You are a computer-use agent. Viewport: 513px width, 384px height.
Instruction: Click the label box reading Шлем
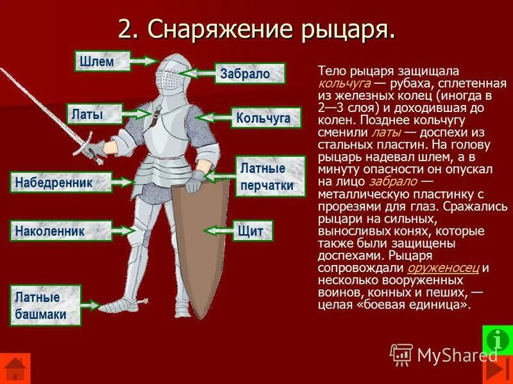pyautogui.click(x=102, y=61)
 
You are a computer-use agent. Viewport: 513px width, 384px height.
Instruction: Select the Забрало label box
pyautogui.click(x=249, y=74)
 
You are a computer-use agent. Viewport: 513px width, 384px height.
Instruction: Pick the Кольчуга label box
pyautogui.click(x=263, y=118)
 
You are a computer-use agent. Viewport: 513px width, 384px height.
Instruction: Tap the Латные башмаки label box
pyautogui.click(x=45, y=306)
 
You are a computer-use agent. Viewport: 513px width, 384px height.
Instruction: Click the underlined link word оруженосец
pyautogui.click(x=442, y=268)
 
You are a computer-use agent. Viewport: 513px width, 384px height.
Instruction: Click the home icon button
pyautogui.click(x=15, y=370)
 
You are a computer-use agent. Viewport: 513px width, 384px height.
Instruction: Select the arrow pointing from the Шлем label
pyautogui.click(x=144, y=61)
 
